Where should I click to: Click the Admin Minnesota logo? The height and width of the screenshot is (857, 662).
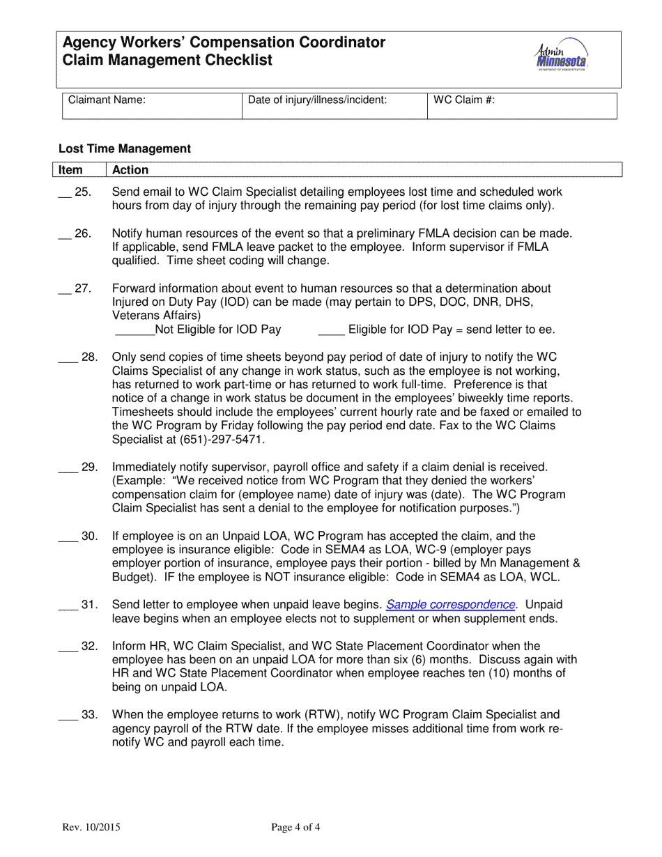point(562,56)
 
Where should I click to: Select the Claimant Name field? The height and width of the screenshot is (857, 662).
point(151,106)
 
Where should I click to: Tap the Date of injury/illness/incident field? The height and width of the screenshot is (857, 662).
point(333,106)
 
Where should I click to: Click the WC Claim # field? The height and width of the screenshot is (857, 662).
point(521,106)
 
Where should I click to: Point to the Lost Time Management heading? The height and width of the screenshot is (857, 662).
point(125,148)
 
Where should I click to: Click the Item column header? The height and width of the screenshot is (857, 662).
point(70,170)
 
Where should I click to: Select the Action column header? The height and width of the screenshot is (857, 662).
point(130,170)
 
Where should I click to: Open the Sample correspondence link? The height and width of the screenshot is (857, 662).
point(451,605)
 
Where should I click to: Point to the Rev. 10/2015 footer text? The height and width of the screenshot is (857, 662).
point(91,828)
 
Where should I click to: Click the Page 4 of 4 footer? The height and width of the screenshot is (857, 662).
point(296,828)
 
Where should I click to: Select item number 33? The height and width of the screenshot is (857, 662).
point(90,714)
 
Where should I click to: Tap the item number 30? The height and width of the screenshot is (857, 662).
point(90,536)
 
